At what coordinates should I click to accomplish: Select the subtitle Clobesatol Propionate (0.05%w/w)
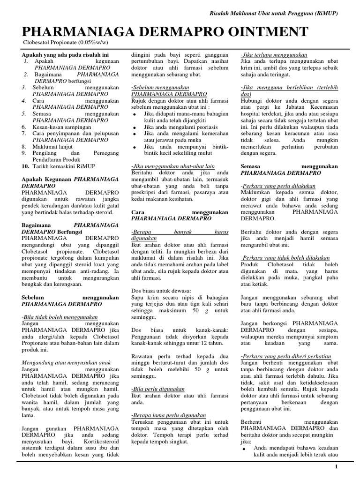(x=62, y=44)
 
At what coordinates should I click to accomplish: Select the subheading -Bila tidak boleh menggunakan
(x=60, y=317)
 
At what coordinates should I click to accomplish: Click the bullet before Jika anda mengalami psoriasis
(x=135, y=127)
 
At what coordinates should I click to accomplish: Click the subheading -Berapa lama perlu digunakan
(x=169, y=415)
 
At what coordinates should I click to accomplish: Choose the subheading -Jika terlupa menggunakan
(x=274, y=55)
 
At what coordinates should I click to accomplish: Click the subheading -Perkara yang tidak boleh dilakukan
(x=285, y=258)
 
